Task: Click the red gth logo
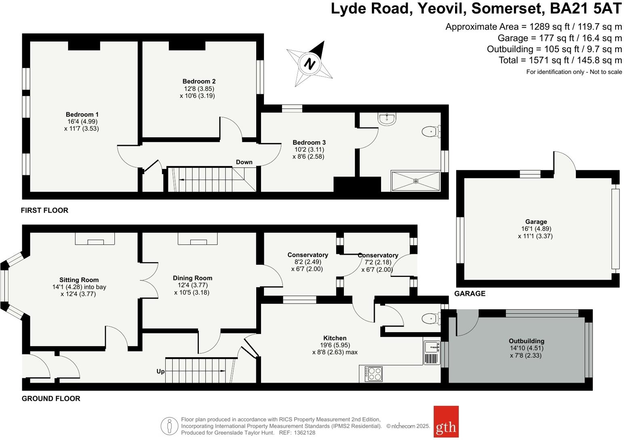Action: (x=446, y=422)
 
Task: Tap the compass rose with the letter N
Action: (x=310, y=63)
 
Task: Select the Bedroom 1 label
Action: (x=82, y=114)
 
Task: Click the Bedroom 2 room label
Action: (x=199, y=81)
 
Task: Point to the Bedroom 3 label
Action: (x=309, y=142)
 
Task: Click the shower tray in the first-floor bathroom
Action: (x=415, y=181)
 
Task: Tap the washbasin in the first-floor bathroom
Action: (x=387, y=118)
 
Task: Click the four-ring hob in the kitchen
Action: (x=373, y=374)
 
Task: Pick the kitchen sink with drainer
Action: (x=432, y=353)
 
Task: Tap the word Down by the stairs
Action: (x=244, y=162)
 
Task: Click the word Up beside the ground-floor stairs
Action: (x=160, y=371)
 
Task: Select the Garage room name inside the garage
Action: (x=536, y=221)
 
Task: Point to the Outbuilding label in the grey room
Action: (x=526, y=341)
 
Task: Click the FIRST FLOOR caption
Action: (x=44, y=210)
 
